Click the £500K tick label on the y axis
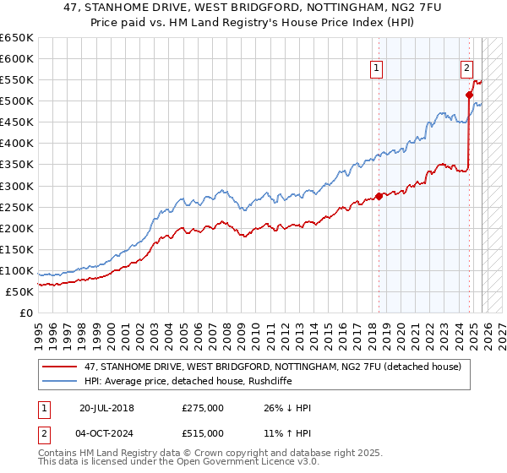click(x=17, y=101)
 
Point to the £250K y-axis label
click(x=17, y=207)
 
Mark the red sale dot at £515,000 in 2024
click(x=469, y=95)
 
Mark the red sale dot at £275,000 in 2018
click(x=379, y=196)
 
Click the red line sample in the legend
click(x=61, y=367)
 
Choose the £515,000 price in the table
click(x=202, y=432)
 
